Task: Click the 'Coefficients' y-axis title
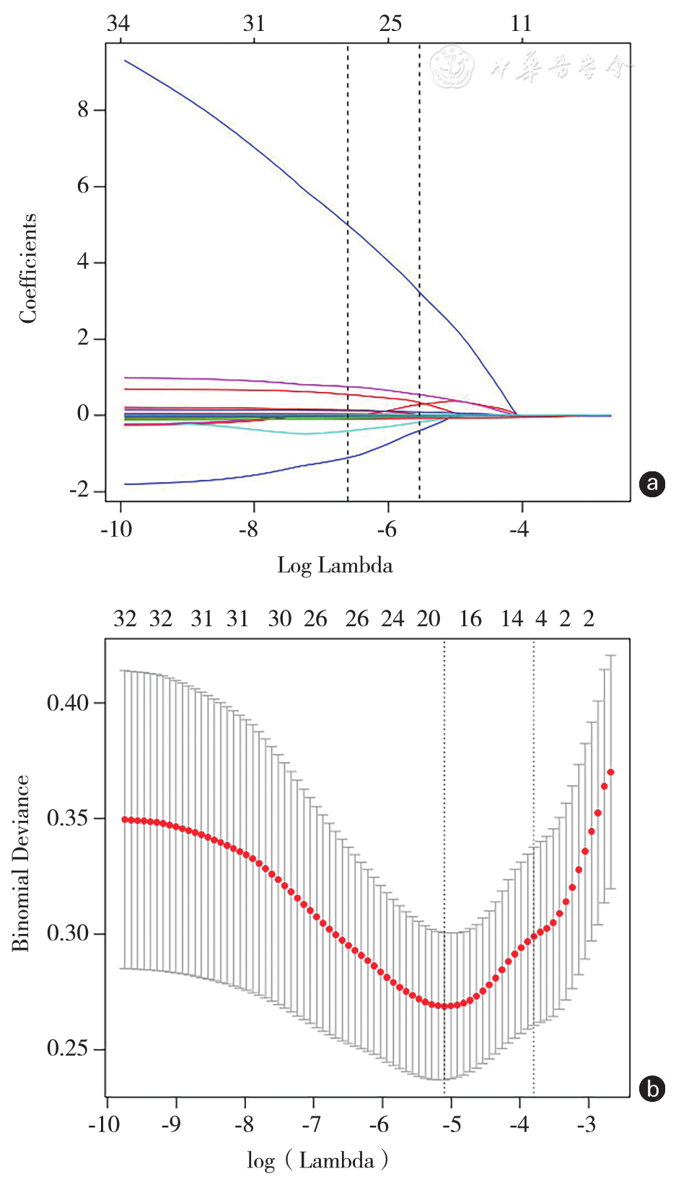(x=28, y=268)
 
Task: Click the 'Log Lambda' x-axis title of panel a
(x=335, y=565)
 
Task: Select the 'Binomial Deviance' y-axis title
(x=21, y=863)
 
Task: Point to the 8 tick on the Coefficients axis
(x=84, y=110)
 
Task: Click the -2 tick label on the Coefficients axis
(x=79, y=491)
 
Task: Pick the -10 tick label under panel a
(x=115, y=530)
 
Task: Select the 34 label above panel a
(x=118, y=24)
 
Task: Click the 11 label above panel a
(x=521, y=24)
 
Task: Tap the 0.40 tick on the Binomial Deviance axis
(x=68, y=703)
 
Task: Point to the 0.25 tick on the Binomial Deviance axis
(x=68, y=1049)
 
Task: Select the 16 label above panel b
(x=470, y=619)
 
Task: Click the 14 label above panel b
(x=512, y=619)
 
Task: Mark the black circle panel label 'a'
(x=652, y=483)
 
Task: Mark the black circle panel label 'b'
(x=652, y=1088)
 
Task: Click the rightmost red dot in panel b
(x=611, y=773)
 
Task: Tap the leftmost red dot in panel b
(x=125, y=819)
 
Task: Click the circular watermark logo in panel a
(x=452, y=67)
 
